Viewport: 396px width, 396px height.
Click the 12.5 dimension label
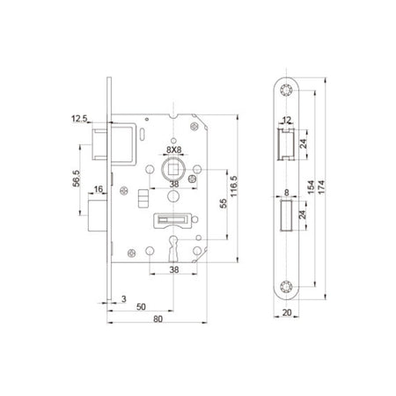(79, 119)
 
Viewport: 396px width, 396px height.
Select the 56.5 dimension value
(77, 179)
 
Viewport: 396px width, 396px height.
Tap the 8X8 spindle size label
(174, 150)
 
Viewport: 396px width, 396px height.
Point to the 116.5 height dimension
(233, 187)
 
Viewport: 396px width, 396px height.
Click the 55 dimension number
(224, 203)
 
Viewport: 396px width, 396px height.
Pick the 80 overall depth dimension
(158, 319)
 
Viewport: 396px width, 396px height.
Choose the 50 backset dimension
(141, 307)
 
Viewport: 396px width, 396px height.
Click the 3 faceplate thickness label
(124, 299)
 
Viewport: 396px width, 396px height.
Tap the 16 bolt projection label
(99, 189)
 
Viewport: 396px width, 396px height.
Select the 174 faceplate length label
(321, 187)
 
